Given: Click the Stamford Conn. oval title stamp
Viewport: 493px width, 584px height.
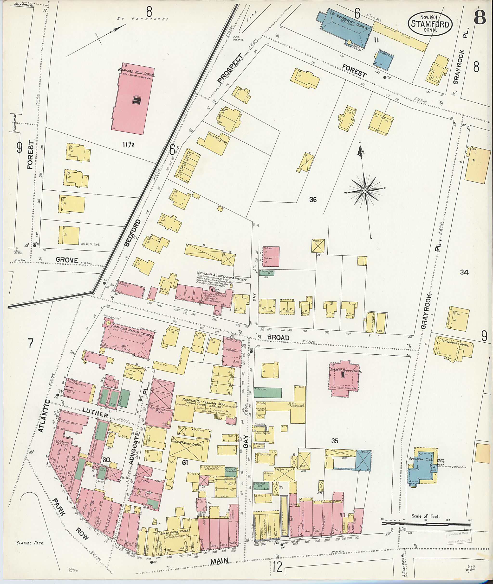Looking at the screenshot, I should [430, 24].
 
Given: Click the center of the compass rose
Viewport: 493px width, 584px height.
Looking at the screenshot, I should [365, 190].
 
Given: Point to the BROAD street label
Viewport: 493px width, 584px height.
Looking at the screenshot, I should [278, 338].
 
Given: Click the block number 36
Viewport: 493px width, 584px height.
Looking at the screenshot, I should [313, 200].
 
